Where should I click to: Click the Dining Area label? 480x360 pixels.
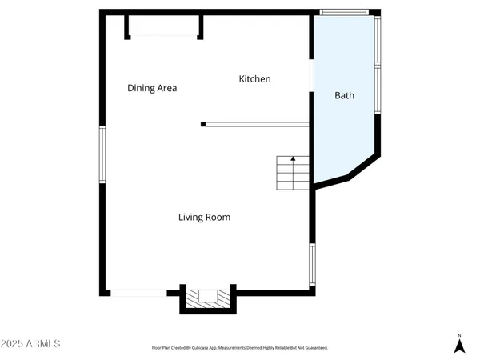pyautogui.click(x=152, y=88)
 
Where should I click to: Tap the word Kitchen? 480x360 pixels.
pyautogui.click(x=255, y=79)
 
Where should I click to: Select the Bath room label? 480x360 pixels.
pyautogui.click(x=344, y=96)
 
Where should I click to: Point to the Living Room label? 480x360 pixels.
pyautogui.click(x=205, y=217)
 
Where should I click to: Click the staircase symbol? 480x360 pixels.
pyautogui.click(x=293, y=173)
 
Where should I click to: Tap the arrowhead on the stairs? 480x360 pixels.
pyautogui.click(x=293, y=159)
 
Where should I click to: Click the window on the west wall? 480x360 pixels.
pyautogui.click(x=102, y=154)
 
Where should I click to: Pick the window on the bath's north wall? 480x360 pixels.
pyautogui.click(x=345, y=12)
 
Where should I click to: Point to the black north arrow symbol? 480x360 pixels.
pyautogui.click(x=459, y=346)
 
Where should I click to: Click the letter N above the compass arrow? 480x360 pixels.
pyautogui.click(x=459, y=335)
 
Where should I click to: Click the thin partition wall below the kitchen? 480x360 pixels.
pyautogui.click(x=256, y=124)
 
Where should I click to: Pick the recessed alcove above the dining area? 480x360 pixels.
pyautogui.click(x=164, y=26)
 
